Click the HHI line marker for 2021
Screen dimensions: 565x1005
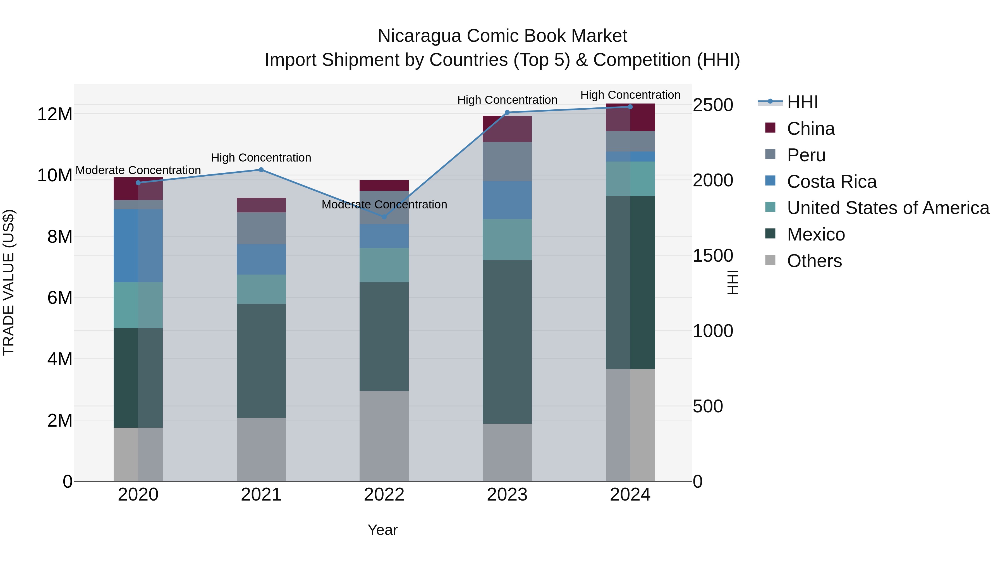[x=261, y=170]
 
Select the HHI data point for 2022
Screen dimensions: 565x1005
[x=384, y=217]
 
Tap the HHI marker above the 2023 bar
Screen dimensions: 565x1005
[x=507, y=113]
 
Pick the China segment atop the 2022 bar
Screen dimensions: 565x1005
[x=384, y=186]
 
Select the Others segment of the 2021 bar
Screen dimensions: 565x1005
[x=261, y=449]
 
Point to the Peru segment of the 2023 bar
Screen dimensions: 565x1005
[x=507, y=162]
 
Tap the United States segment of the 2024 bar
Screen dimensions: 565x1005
[x=630, y=179]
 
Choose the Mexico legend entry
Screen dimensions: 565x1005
[x=816, y=235]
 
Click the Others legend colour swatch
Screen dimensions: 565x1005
[x=770, y=260]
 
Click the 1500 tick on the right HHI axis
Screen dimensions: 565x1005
[x=713, y=256]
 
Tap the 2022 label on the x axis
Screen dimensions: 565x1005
[x=384, y=495]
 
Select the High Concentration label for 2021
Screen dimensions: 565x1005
[x=261, y=158]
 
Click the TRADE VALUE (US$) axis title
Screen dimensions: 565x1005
[x=9, y=282]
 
